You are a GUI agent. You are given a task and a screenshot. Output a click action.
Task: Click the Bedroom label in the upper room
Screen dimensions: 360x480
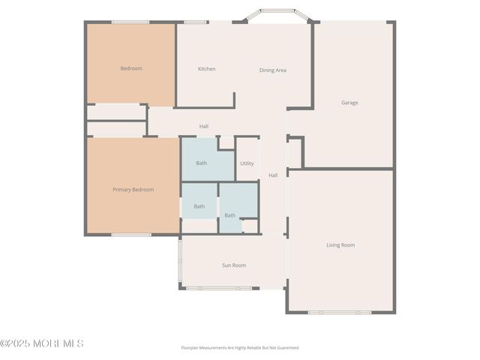(x=131, y=69)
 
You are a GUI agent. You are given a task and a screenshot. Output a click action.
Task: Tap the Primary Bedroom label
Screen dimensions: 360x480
(x=133, y=190)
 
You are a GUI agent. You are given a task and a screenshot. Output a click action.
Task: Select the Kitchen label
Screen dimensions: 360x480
(x=207, y=69)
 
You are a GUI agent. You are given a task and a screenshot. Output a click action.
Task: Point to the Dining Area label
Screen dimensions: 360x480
(x=273, y=70)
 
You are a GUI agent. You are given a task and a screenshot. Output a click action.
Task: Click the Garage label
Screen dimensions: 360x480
(x=349, y=103)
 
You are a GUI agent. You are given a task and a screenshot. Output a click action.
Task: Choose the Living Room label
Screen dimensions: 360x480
(x=340, y=245)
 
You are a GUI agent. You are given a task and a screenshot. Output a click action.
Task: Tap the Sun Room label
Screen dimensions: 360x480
(x=234, y=265)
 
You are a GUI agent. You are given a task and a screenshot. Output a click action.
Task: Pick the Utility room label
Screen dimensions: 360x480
(x=247, y=163)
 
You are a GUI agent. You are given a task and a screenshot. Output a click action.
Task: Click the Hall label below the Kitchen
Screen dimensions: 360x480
(x=204, y=127)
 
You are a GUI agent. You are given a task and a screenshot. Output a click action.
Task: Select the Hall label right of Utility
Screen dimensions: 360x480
(x=273, y=175)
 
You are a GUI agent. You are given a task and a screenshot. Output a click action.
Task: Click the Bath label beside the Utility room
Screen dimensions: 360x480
(x=202, y=163)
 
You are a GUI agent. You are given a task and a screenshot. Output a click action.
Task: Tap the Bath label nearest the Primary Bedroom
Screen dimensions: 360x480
(x=199, y=206)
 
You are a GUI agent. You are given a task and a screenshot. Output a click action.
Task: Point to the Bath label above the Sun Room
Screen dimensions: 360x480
(x=229, y=216)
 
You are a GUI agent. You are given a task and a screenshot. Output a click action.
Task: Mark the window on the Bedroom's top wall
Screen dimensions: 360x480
(x=131, y=22)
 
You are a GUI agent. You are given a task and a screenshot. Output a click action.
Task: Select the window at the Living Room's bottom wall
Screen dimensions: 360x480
(x=339, y=312)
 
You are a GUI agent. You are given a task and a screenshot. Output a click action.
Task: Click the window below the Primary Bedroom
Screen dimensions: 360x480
(x=132, y=235)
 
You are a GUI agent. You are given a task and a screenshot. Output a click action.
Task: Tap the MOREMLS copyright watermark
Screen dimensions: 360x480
(x=42, y=343)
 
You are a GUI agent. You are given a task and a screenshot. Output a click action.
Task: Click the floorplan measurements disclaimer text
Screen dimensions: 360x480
(x=240, y=348)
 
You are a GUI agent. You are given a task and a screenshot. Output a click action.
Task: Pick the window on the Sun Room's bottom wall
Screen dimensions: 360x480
(x=214, y=288)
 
